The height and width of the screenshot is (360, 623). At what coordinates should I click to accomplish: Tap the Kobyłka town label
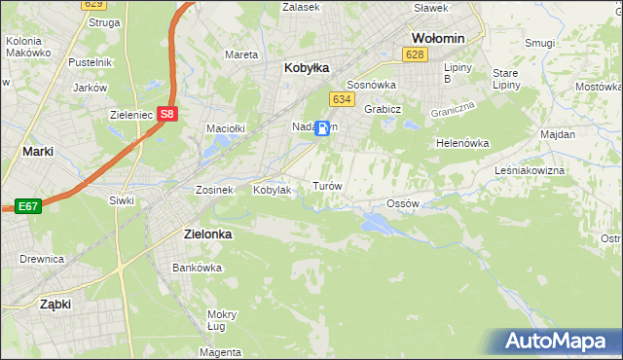click(x=307, y=68)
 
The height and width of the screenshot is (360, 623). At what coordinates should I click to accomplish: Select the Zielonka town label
click(x=209, y=234)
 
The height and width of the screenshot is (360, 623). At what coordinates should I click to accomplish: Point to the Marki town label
click(x=37, y=151)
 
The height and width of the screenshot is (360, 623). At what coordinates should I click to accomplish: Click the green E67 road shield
click(x=28, y=205)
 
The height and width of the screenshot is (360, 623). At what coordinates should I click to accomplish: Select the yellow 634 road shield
click(x=341, y=99)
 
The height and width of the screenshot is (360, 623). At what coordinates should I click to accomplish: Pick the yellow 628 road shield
click(x=415, y=54)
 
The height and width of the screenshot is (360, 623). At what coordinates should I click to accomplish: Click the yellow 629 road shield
click(x=92, y=6)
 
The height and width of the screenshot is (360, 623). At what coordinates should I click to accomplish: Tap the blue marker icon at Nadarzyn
click(x=322, y=126)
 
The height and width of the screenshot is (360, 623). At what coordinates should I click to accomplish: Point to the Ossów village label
click(x=402, y=203)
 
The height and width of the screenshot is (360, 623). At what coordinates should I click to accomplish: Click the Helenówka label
click(x=462, y=143)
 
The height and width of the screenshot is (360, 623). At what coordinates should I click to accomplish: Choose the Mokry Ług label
click(x=222, y=320)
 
